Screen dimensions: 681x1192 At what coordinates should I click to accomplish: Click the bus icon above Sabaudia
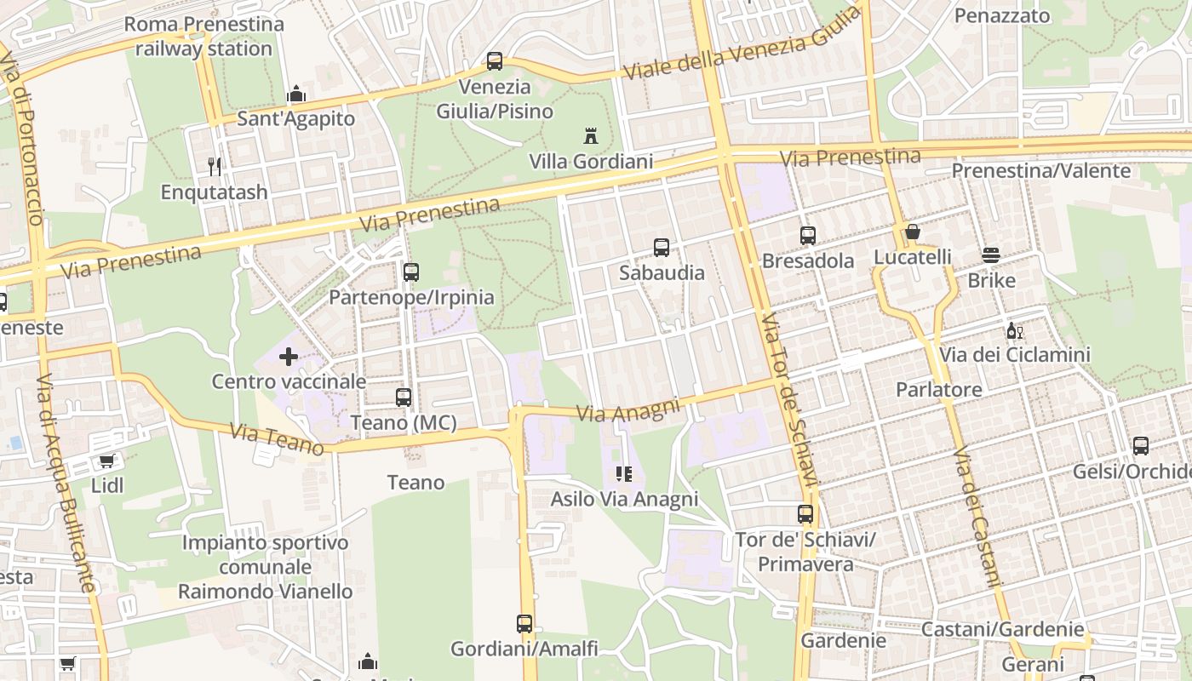pos(662,248)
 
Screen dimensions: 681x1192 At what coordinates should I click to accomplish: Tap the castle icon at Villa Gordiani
pos(590,135)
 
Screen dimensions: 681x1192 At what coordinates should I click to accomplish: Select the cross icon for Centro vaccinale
pos(289,357)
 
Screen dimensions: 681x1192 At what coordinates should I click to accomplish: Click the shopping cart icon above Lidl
pos(106,461)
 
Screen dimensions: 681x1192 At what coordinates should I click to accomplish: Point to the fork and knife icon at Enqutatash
pos(215,166)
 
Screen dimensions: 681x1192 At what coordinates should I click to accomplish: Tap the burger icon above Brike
pos(990,255)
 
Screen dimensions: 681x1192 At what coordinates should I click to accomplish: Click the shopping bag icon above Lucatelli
pos(913,232)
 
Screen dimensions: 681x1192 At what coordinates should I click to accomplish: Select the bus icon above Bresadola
pos(808,236)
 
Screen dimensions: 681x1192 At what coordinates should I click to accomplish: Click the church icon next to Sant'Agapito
pos(296,93)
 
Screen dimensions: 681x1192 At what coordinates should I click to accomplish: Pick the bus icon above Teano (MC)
pos(404,398)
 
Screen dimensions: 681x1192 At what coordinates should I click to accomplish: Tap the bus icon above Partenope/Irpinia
pos(411,272)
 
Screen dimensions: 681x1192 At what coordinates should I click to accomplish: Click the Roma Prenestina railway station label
pos(204,37)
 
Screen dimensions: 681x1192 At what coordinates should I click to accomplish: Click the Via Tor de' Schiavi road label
pos(789,400)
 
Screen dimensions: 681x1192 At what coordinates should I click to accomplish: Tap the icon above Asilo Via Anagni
pos(624,474)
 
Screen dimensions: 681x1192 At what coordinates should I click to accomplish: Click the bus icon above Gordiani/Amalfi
pos(524,624)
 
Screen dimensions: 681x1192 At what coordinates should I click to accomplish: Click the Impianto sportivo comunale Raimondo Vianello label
pos(265,567)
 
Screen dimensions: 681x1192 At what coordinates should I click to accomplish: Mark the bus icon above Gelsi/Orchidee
pos(1140,446)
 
